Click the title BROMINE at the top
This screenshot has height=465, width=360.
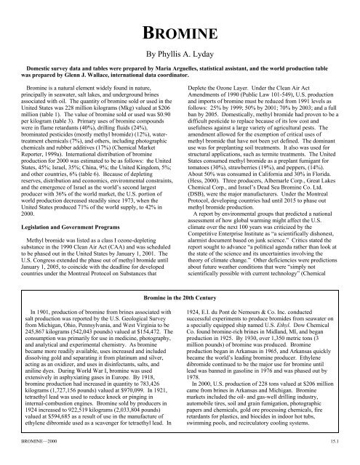tap(180, 33)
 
